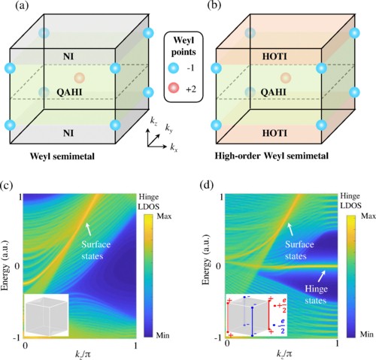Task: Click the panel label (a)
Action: (x=22, y=5)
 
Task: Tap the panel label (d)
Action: (x=207, y=186)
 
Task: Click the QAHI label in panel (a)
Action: (x=69, y=92)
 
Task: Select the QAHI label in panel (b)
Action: (x=274, y=92)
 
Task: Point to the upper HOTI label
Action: (x=274, y=56)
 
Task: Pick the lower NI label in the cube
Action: (x=68, y=133)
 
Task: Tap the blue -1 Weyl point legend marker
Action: (x=173, y=68)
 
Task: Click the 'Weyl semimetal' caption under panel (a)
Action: (x=62, y=156)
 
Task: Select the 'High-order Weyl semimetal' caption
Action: (x=271, y=156)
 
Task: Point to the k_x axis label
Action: (x=174, y=148)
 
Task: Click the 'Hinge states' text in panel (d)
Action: (x=316, y=295)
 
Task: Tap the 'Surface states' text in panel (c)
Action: (x=96, y=250)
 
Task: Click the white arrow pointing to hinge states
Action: (x=322, y=277)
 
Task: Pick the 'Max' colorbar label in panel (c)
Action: (x=164, y=216)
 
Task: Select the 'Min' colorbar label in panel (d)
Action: (x=367, y=334)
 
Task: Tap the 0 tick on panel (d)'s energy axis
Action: (x=218, y=266)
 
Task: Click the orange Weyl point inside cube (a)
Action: (x=80, y=78)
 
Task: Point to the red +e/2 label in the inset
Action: (x=280, y=307)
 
